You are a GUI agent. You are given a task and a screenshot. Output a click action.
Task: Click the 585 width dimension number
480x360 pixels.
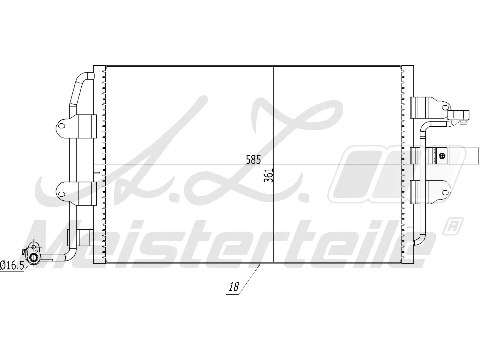[x=253, y=159]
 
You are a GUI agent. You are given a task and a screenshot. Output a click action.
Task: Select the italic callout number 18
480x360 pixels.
[x=233, y=287]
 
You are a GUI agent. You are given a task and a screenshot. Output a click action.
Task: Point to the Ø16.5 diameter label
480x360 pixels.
[x=12, y=265]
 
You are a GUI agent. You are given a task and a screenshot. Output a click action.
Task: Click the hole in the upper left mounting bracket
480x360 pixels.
[x=62, y=126]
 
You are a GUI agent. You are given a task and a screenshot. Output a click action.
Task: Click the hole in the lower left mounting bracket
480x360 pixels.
[x=62, y=193]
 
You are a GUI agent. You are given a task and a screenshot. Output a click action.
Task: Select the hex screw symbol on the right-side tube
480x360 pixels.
[x=442, y=156]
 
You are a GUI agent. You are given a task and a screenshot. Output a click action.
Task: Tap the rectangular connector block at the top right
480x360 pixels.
[x=458, y=115]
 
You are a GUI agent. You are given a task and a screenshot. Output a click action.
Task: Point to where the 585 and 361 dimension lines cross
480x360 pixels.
[x=273, y=165]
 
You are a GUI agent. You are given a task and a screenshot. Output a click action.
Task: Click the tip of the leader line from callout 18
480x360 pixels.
[x=260, y=264]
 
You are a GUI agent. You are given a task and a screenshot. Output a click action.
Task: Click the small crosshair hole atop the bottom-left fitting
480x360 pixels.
[x=34, y=247]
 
